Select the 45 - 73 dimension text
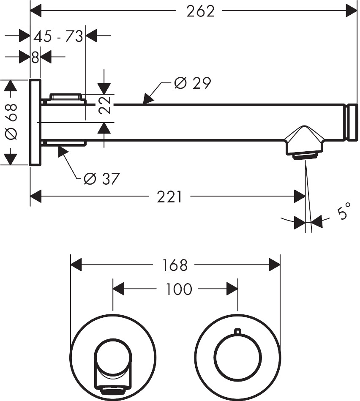pyautogui.click(x=58, y=36)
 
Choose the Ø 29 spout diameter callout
pyautogui.click(x=192, y=83)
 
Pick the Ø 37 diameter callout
pyautogui.click(x=101, y=179)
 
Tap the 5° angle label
pyautogui.click(x=344, y=211)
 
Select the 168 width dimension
pyautogui.click(x=175, y=265)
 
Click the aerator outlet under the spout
pyautogui.click(x=304, y=157)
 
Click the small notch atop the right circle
pyautogui.click(x=238, y=331)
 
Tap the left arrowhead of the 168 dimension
pyautogui.click(x=76, y=265)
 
